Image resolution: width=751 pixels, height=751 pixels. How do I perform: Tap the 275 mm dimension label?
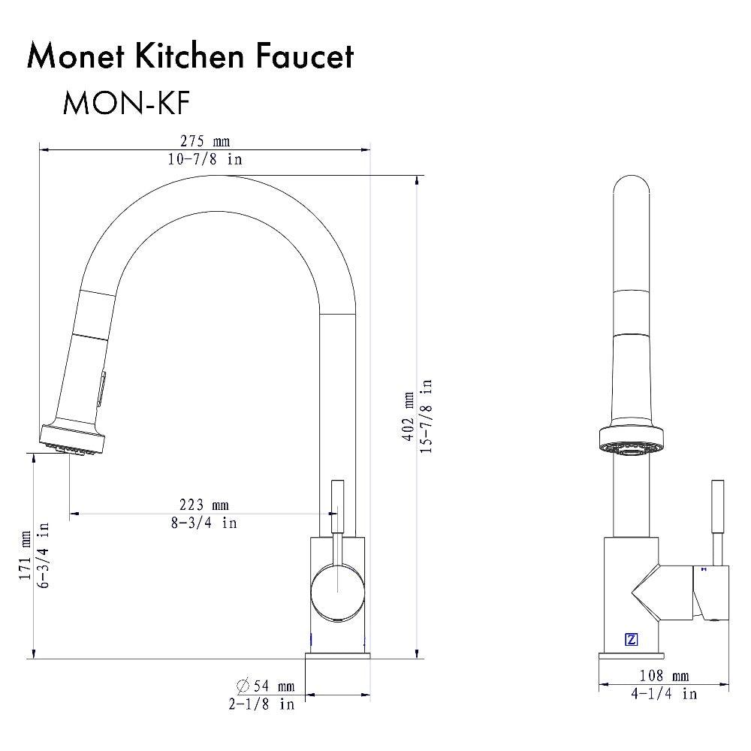[204, 141]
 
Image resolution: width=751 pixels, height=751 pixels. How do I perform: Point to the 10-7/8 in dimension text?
[204, 160]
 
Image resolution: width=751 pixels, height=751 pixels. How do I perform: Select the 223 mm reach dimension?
[204, 505]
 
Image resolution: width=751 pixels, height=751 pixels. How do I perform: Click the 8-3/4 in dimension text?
[204, 523]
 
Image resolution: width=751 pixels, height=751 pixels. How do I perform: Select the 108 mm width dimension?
[664, 676]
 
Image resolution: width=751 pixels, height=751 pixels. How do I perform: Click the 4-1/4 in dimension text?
[664, 694]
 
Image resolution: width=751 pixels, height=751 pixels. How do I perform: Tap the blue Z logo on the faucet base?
[631, 641]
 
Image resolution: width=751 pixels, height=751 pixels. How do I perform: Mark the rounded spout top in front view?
[630, 188]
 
